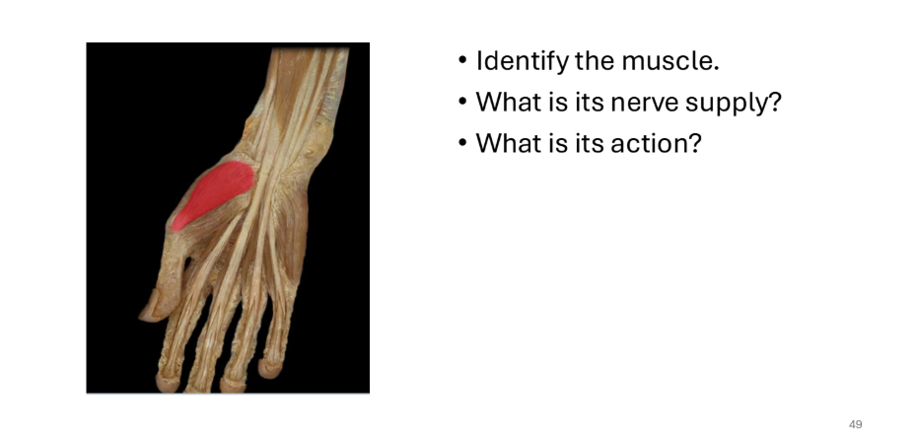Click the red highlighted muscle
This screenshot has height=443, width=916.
(x=213, y=193)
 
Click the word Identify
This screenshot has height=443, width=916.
(x=523, y=61)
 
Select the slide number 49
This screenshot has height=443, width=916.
(x=855, y=424)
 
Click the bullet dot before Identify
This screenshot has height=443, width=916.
(x=462, y=61)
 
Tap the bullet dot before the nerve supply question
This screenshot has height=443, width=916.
(x=462, y=103)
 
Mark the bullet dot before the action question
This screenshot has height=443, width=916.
(x=462, y=143)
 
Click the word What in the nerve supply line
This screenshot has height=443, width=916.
(x=507, y=102)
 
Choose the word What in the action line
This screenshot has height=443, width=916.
(x=507, y=143)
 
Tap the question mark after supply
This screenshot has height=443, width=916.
(x=775, y=102)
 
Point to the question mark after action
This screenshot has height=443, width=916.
(x=694, y=143)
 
